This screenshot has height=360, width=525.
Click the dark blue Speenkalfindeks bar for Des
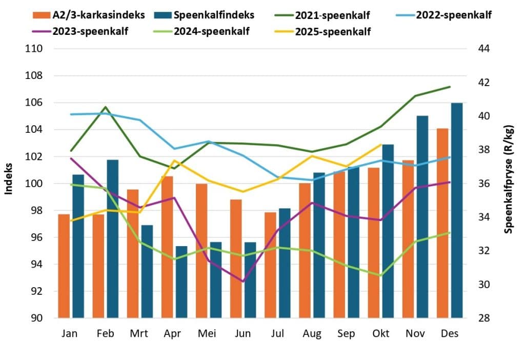[x=457, y=210]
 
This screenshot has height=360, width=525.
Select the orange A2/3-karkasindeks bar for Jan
[x=64, y=266]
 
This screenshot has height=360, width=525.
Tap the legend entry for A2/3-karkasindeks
[x=92, y=15]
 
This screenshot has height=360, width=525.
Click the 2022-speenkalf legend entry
[x=446, y=15]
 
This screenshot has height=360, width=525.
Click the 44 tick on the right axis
[x=484, y=49]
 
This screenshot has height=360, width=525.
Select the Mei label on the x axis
[x=208, y=334]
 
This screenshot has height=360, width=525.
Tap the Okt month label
[x=380, y=334]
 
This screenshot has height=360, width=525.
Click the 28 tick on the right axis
[x=484, y=318]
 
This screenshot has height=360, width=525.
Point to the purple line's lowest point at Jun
[x=243, y=281]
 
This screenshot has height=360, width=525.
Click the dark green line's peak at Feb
[x=105, y=107]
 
